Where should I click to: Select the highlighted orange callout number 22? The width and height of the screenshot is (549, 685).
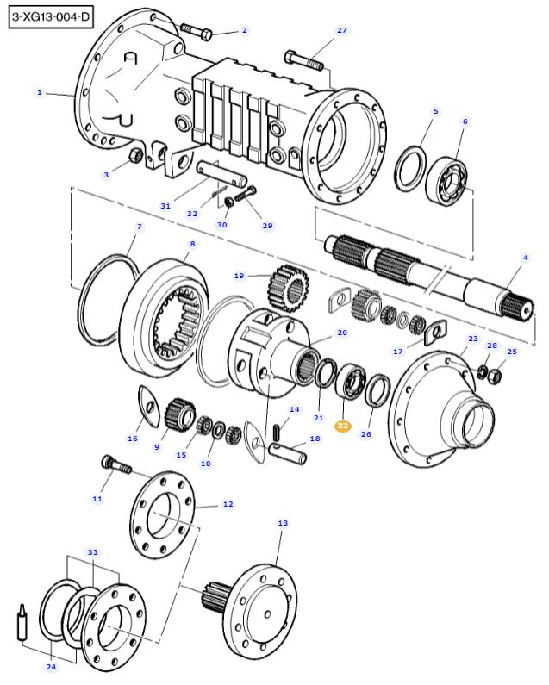click(x=343, y=426)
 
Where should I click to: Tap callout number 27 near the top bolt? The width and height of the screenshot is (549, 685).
click(x=341, y=30)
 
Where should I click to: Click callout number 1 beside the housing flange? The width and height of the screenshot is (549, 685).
click(x=40, y=92)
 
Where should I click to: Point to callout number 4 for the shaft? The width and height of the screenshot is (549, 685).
click(x=525, y=257)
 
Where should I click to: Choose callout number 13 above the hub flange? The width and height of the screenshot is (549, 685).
click(x=283, y=523)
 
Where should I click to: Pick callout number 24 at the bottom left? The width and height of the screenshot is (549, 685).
click(x=51, y=667)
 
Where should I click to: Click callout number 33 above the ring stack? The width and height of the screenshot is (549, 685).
click(x=93, y=551)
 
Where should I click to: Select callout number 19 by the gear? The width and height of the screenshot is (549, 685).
click(x=240, y=276)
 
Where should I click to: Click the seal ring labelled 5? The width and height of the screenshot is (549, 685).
click(x=409, y=169)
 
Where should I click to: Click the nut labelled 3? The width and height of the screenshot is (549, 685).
click(x=135, y=157)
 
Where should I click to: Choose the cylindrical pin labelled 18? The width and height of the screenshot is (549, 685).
click(x=289, y=449)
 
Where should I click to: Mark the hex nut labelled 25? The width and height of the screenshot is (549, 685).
click(x=496, y=375)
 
